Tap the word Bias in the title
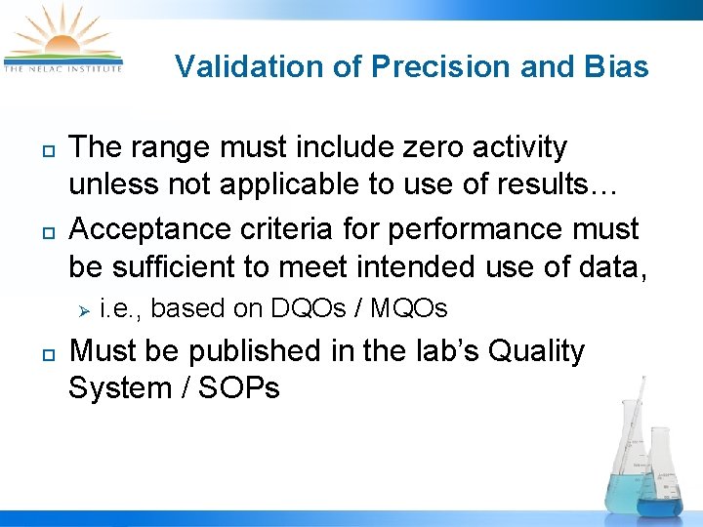(616, 66)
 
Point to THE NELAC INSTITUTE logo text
(62, 68)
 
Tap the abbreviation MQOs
(408, 309)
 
